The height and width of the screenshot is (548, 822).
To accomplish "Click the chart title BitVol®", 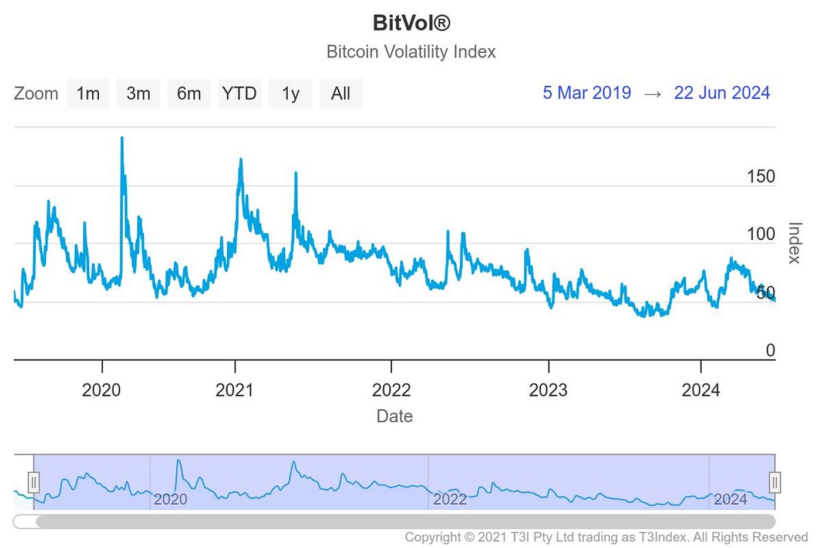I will click(x=411, y=23).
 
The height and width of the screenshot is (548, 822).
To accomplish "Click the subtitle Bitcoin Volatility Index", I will click(x=411, y=52).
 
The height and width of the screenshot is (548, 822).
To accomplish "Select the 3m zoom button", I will click(x=139, y=93).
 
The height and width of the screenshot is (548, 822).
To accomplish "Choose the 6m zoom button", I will click(x=189, y=93).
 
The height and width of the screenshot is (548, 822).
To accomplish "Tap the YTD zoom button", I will click(x=240, y=93).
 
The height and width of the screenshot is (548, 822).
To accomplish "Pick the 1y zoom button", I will click(x=291, y=93).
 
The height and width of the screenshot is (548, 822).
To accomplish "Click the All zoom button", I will click(x=341, y=93).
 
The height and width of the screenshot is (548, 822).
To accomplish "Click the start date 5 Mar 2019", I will click(x=587, y=93).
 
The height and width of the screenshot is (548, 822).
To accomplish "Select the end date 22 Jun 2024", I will click(x=722, y=93).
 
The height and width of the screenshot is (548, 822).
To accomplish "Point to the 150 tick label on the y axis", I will click(x=761, y=176).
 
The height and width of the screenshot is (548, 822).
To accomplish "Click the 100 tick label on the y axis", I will click(x=761, y=234).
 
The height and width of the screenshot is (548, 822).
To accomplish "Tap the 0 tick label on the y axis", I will click(x=770, y=350).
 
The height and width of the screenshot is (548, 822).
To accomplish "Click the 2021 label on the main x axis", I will click(x=234, y=390).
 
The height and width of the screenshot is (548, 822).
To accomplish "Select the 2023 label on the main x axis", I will click(x=548, y=390).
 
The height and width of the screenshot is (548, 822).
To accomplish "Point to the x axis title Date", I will click(x=395, y=416).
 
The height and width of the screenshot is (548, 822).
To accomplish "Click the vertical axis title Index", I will click(x=794, y=243).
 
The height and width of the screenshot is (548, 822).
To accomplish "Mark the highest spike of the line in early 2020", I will click(x=122, y=138).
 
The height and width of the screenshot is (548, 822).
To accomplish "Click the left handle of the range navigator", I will click(x=33, y=482).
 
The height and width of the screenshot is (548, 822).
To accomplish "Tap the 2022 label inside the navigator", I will click(x=450, y=499).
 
